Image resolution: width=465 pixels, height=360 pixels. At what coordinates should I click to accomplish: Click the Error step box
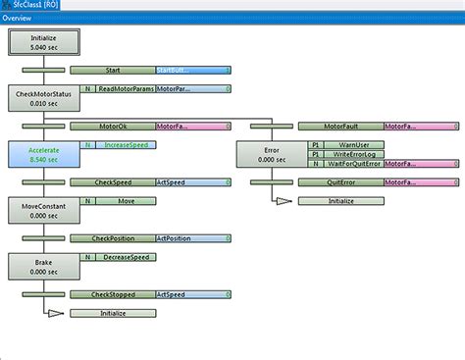(272, 155)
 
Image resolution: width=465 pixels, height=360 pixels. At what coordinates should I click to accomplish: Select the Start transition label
(113, 71)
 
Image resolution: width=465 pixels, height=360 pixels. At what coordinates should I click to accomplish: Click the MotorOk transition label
(113, 127)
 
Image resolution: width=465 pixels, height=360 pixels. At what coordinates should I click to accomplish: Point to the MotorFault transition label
(340, 127)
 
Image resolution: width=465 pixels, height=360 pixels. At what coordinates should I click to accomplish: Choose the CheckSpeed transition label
(113, 182)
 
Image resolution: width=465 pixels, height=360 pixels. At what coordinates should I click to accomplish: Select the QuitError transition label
(340, 182)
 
